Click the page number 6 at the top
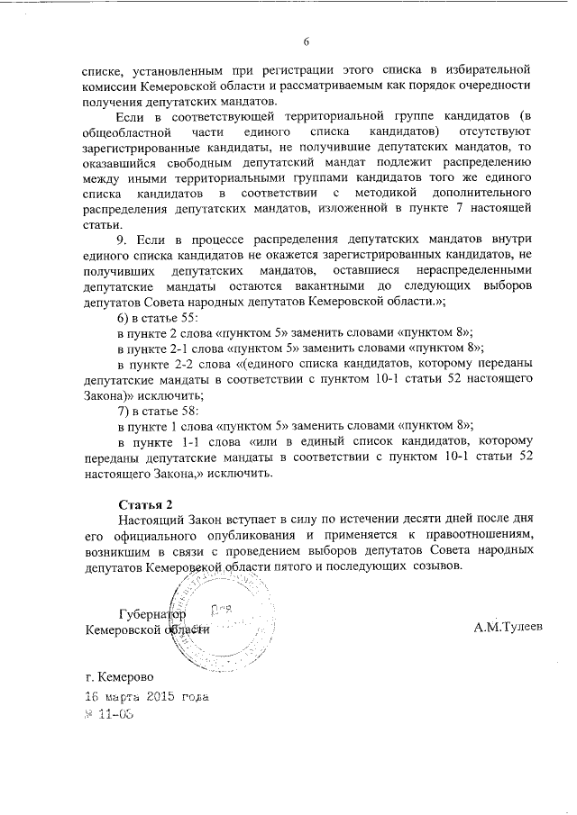(x=307, y=41)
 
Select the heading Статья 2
(x=144, y=502)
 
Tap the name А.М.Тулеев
(x=508, y=626)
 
